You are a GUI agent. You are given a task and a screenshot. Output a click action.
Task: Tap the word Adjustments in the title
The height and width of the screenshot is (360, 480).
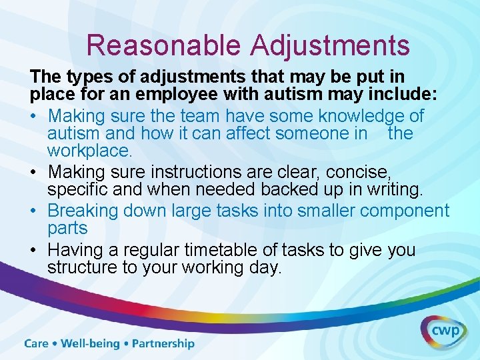click(x=330, y=45)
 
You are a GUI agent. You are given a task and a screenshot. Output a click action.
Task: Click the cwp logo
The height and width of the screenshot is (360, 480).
click(x=443, y=331)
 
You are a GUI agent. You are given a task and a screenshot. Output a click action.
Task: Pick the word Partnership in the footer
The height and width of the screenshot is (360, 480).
click(x=163, y=344)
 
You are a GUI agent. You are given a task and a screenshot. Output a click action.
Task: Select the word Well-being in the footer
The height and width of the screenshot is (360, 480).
click(x=90, y=344)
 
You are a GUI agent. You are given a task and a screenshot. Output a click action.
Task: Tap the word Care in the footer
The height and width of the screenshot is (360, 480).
click(x=37, y=344)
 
